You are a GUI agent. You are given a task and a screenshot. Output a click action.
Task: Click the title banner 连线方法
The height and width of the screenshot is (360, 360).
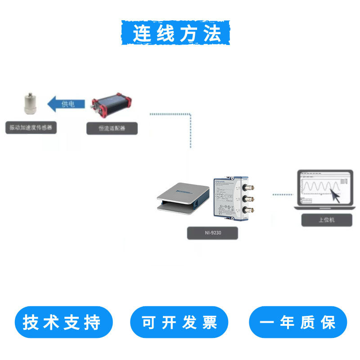pyautogui.click(x=175, y=32)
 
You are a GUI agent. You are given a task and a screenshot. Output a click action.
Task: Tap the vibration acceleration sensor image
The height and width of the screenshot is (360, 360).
pyautogui.click(x=31, y=105)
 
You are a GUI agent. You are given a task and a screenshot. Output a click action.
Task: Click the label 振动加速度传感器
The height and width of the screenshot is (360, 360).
pyautogui.click(x=31, y=128)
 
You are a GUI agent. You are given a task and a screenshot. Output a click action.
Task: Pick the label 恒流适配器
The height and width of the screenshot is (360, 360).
pyautogui.click(x=112, y=128)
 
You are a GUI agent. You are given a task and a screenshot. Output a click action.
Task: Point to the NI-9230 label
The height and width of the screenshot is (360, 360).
pyautogui.click(x=212, y=233)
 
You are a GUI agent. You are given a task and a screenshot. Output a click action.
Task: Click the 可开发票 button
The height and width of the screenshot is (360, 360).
pyautogui.click(x=180, y=322)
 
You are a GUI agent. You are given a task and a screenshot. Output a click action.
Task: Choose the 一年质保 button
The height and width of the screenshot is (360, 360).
pyautogui.click(x=298, y=322)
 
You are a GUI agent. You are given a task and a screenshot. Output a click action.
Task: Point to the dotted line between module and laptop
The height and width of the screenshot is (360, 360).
pyautogui.click(x=283, y=194)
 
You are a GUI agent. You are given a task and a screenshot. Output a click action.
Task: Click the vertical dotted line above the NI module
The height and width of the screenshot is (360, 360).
pyautogui.click(x=191, y=133)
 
